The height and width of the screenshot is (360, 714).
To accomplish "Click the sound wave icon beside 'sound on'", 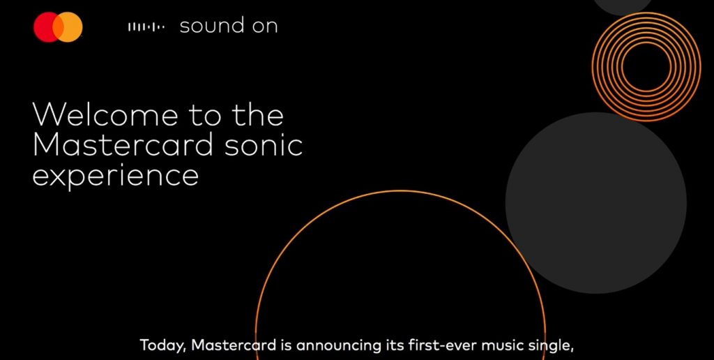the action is (x=146, y=27).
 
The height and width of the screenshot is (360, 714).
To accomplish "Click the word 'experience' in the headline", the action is (x=116, y=175).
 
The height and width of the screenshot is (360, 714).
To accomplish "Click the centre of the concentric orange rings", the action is (x=646, y=66).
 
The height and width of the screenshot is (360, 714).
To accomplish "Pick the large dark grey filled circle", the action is (x=596, y=203).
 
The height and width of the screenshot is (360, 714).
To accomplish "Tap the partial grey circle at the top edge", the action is (x=623, y=6).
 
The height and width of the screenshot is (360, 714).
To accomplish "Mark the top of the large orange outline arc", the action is (x=401, y=190).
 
